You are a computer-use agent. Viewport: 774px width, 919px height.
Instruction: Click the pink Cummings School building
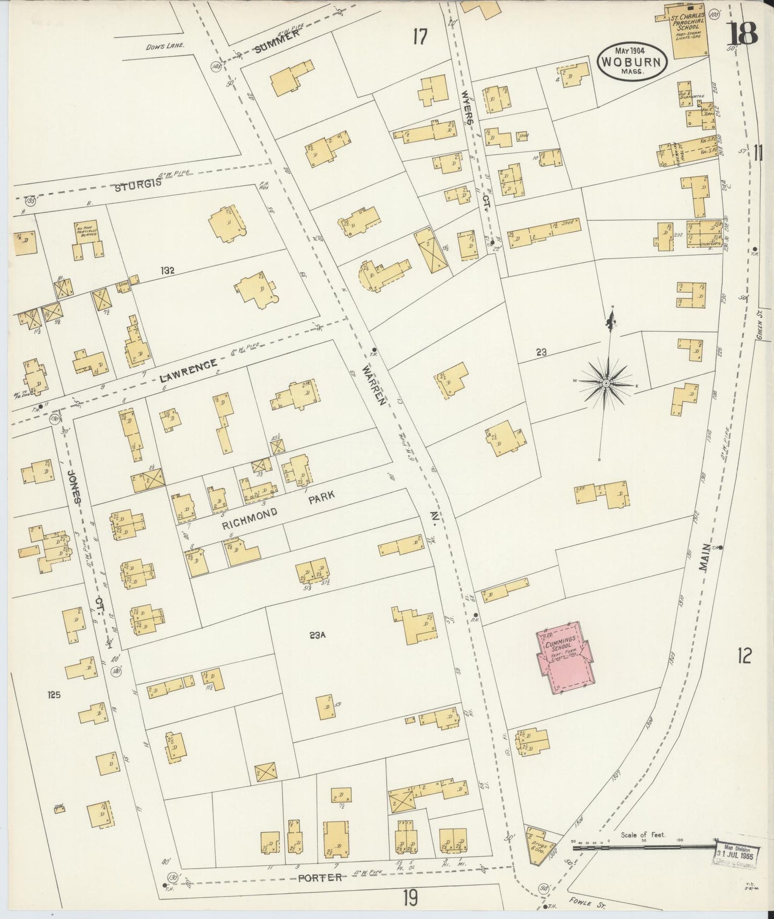tap(566, 658)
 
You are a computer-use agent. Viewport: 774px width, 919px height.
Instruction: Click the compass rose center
tap(606, 383)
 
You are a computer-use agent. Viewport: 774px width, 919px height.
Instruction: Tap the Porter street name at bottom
tap(320, 877)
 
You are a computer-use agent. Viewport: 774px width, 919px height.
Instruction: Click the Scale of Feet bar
tap(643, 848)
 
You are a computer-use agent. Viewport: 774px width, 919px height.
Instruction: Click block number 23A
tap(317, 636)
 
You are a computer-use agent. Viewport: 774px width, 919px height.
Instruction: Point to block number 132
tap(167, 271)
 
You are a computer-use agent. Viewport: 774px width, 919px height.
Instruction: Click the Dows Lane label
tap(165, 46)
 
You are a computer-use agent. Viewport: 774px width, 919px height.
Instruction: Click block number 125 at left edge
tap(54, 695)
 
